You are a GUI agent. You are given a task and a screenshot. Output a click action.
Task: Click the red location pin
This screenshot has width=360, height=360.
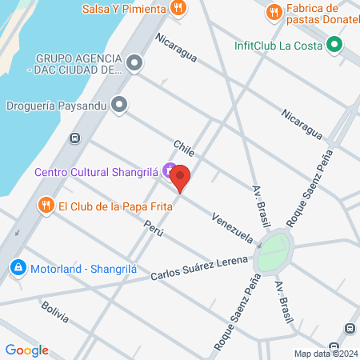point(181,178)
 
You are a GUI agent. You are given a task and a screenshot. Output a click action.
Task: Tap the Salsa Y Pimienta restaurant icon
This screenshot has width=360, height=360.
point(178,9)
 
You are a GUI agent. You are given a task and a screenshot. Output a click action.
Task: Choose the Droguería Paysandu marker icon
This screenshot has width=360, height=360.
point(120,103)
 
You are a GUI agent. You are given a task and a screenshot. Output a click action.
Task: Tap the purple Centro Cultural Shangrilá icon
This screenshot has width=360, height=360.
point(168,170)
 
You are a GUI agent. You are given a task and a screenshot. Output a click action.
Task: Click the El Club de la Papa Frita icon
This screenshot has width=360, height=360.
point(46,206)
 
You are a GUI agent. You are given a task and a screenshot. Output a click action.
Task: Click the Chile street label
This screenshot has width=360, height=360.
point(184,148)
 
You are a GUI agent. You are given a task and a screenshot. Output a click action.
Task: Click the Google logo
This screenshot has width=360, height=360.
point(26,350)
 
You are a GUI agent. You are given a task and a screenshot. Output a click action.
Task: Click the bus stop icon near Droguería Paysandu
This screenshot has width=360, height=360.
point(74,137)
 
